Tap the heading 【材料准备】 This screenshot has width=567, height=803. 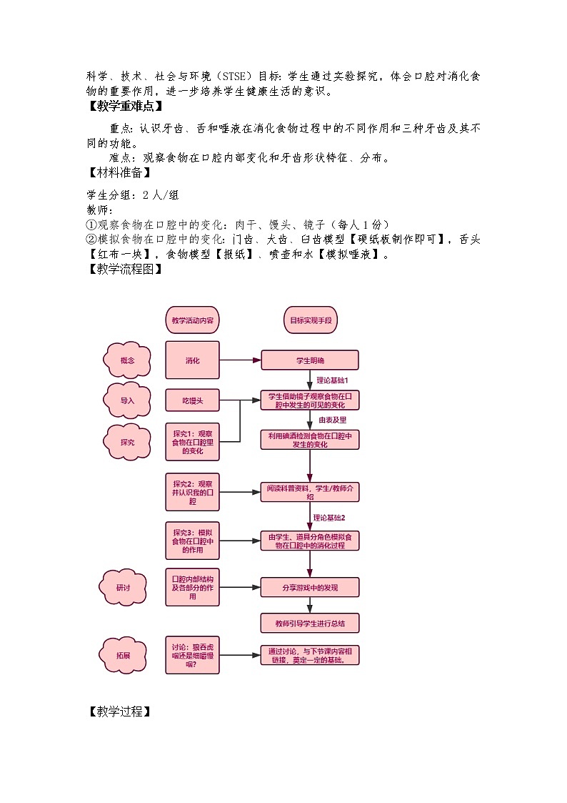coord(119,172)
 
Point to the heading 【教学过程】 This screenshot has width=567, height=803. coord(119,711)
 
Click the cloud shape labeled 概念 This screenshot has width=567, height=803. coord(128,360)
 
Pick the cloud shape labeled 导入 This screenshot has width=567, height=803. coord(128,401)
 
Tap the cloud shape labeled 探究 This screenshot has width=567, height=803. coord(128,443)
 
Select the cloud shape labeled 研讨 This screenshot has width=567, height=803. coord(124,588)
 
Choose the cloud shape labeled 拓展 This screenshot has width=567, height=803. coord(124,654)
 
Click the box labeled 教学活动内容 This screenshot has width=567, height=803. coord(192,321)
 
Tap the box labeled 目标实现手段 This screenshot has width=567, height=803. coord(310,321)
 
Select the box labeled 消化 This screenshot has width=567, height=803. coord(192,360)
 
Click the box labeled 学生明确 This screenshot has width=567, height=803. coord(310,360)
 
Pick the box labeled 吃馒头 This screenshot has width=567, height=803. coord(192,401)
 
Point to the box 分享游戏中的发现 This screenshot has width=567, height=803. coord(310,588)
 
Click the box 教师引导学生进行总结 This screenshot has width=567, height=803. coord(310,624)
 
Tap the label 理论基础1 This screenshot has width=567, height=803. coord(332,380)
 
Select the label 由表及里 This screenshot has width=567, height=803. coord(332,420)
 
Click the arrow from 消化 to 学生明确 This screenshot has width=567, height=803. coord(240,360)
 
